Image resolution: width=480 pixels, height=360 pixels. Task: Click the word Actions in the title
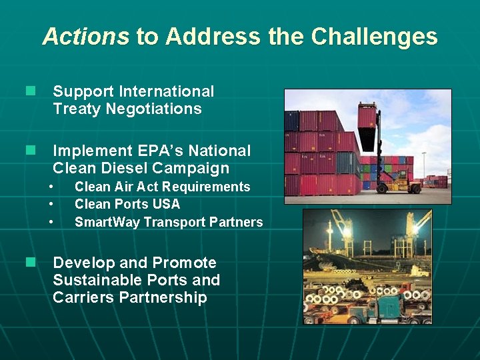click(85, 36)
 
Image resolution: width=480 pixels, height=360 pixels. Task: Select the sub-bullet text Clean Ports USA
click(127, 204)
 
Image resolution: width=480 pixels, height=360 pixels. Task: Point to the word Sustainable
click(103, 280)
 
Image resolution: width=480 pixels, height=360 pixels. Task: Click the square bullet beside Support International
click(29, 91)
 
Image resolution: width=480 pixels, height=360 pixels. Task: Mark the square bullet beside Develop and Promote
click(29, 263)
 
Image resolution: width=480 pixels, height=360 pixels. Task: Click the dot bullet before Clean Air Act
click(50, 187)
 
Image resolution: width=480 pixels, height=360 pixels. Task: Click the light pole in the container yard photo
click(423, 167)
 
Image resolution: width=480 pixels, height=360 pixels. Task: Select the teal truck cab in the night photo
click(386, 306)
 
